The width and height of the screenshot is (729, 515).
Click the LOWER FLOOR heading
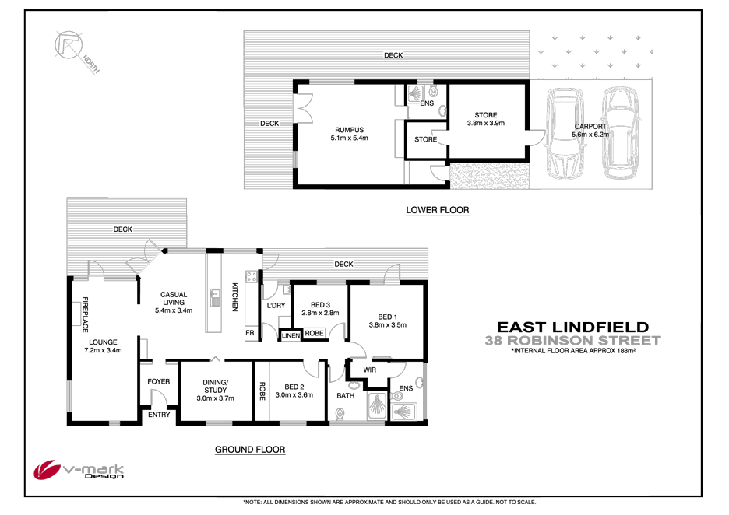coord(438,210)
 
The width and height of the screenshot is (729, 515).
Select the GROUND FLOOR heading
coord(250,450)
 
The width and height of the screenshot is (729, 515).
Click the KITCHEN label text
coord(234,298)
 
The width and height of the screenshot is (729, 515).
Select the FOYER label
coord(159,381)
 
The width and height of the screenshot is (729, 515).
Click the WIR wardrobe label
coord(370,370)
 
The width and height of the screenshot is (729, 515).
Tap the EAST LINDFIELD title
coord(572,328)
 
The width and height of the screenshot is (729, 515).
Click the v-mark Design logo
coord(78,471)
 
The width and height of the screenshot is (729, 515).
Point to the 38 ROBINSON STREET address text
coord(572,340)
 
